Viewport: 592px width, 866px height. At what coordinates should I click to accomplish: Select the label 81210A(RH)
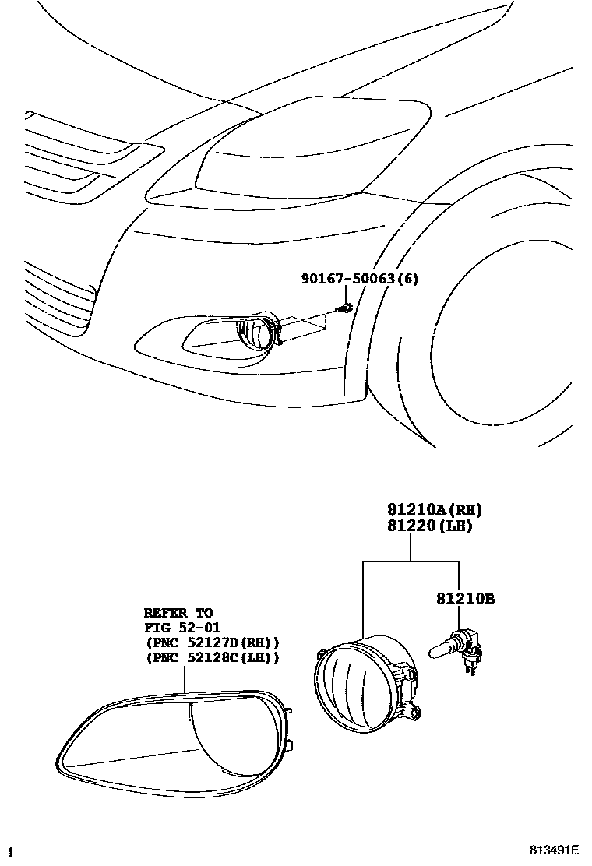click(x=435, y=510)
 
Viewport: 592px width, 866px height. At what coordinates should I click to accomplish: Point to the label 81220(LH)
click(x=430, y=526)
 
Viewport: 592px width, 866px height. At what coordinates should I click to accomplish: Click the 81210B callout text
click(x=465, y=599)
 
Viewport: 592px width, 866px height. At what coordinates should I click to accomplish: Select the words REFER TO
click(x=178, y=614)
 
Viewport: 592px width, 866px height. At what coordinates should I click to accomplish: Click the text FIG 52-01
click(x=181, y=628)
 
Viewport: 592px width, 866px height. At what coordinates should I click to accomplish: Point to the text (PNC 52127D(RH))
click(x=212, y=642)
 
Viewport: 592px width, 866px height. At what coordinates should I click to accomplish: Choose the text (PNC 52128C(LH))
click(x=212, y=657)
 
